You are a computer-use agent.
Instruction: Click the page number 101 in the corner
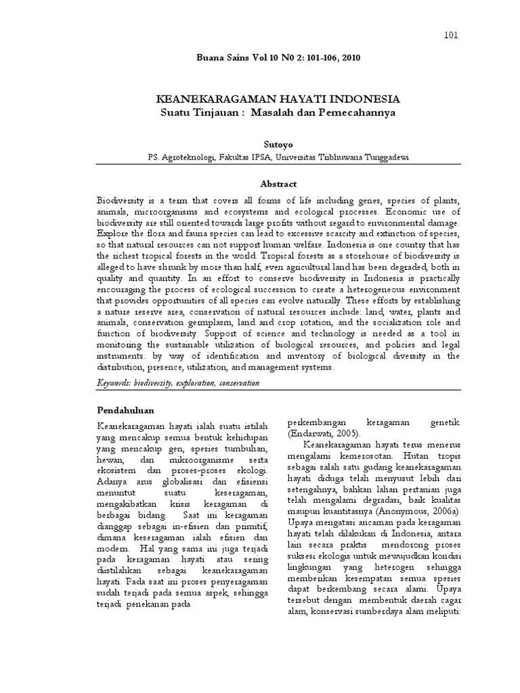coord(451,35)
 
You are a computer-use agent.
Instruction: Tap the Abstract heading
coord(278,183)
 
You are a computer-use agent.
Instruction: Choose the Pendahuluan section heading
coord(125,410)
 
